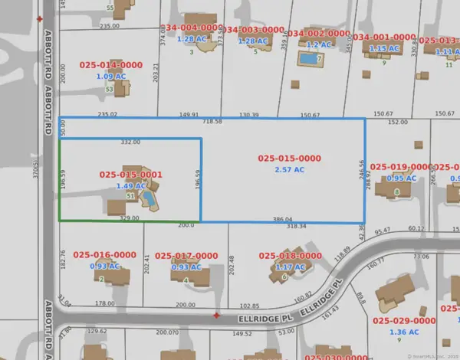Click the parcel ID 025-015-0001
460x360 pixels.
130,175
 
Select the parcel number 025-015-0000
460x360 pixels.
290,158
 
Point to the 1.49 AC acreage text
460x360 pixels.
131,185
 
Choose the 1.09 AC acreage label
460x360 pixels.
111,77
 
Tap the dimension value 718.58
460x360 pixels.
212,122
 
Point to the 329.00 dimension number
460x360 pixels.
130,218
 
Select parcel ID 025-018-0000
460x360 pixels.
289,255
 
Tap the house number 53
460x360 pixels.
109,90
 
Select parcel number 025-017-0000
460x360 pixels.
186,255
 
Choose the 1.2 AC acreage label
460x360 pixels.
317,44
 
